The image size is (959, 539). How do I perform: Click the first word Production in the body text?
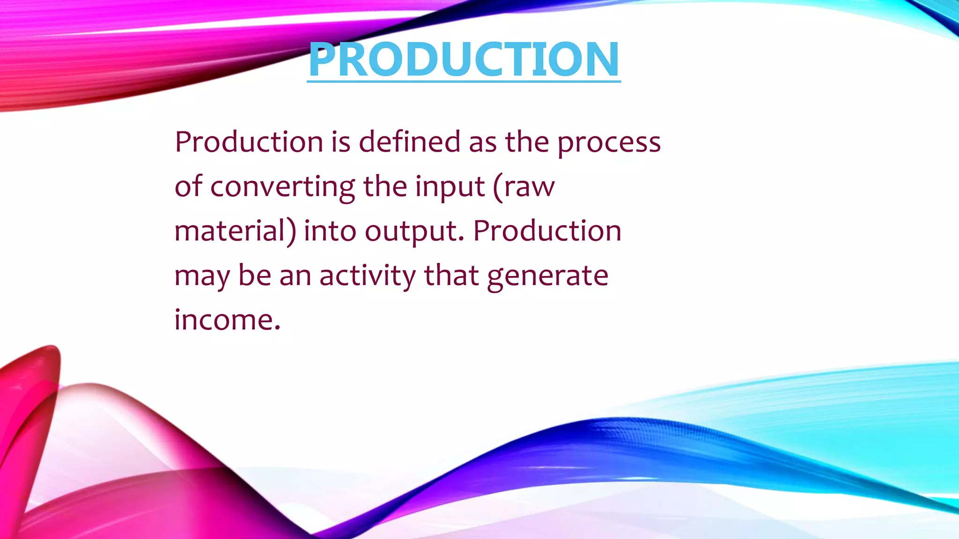[x=249, y=142]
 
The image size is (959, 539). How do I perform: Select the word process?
[x=609, y=143]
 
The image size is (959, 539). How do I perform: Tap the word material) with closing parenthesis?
[x=235, y=231]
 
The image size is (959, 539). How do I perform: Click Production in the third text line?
[x=547, y=231]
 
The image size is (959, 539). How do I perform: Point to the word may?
[x=202, y=277]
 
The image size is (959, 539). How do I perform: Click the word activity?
[x=367, y=276]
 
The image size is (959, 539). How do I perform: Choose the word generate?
[x=547, y=277]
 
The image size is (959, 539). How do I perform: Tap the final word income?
[x=227, y=320]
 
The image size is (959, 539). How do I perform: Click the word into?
[x=330, y=231]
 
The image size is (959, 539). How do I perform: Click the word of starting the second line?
[x=188, y=186]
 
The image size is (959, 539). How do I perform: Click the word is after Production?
[x=340, y=142]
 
